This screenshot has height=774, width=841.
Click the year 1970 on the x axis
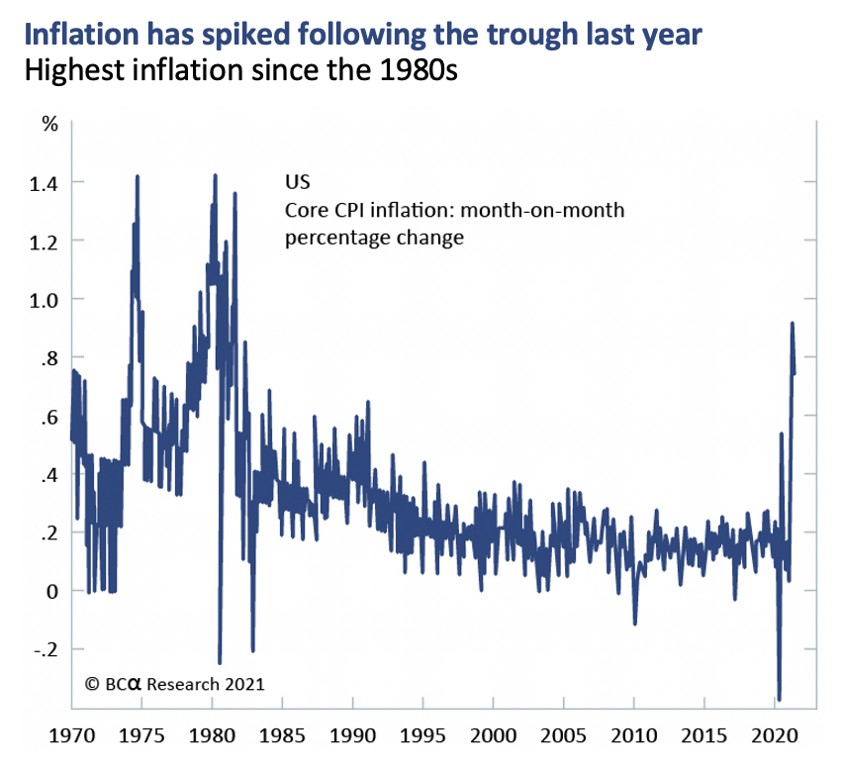tap(73, 738)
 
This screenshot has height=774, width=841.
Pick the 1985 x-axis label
tap(283, 738)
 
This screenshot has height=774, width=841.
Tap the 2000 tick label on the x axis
tap(494, 738)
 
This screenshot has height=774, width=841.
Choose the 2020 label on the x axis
tap(774, 738)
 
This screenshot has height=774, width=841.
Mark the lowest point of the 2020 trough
tap(780, 699)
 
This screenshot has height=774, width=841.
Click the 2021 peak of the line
tap(792, 323)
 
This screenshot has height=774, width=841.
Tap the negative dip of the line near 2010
tap(635, 624)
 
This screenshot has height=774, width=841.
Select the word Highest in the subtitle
tap(64, 73)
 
